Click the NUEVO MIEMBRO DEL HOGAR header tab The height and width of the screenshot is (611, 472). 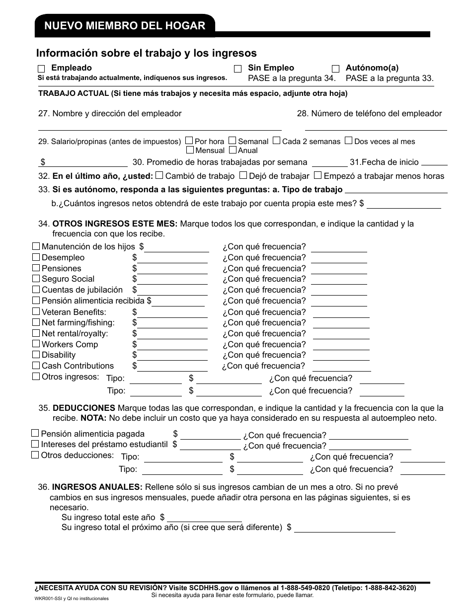tap(125, 26)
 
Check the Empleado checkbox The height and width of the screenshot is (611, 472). tap(41, 69)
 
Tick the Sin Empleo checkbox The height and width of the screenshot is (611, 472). tap(238, 69)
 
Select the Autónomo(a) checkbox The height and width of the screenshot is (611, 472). tap(336, 69)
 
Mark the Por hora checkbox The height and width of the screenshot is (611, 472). tap(189, 141)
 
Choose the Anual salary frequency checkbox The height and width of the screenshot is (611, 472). tap(233, 150)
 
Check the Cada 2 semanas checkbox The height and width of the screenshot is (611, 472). tap(277, 141)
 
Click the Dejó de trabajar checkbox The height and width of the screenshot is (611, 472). tap(243, 175)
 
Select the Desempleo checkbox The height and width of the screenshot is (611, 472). tap(36, 257)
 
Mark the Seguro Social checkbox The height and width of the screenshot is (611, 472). tap(36, 279)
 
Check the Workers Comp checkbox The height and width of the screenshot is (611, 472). tap(36, 344)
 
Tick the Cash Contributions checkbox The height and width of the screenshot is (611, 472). tap(36, 366)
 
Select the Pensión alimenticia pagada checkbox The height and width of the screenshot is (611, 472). tap(35, 434)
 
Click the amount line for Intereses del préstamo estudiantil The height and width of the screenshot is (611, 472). tap(210, 446)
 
